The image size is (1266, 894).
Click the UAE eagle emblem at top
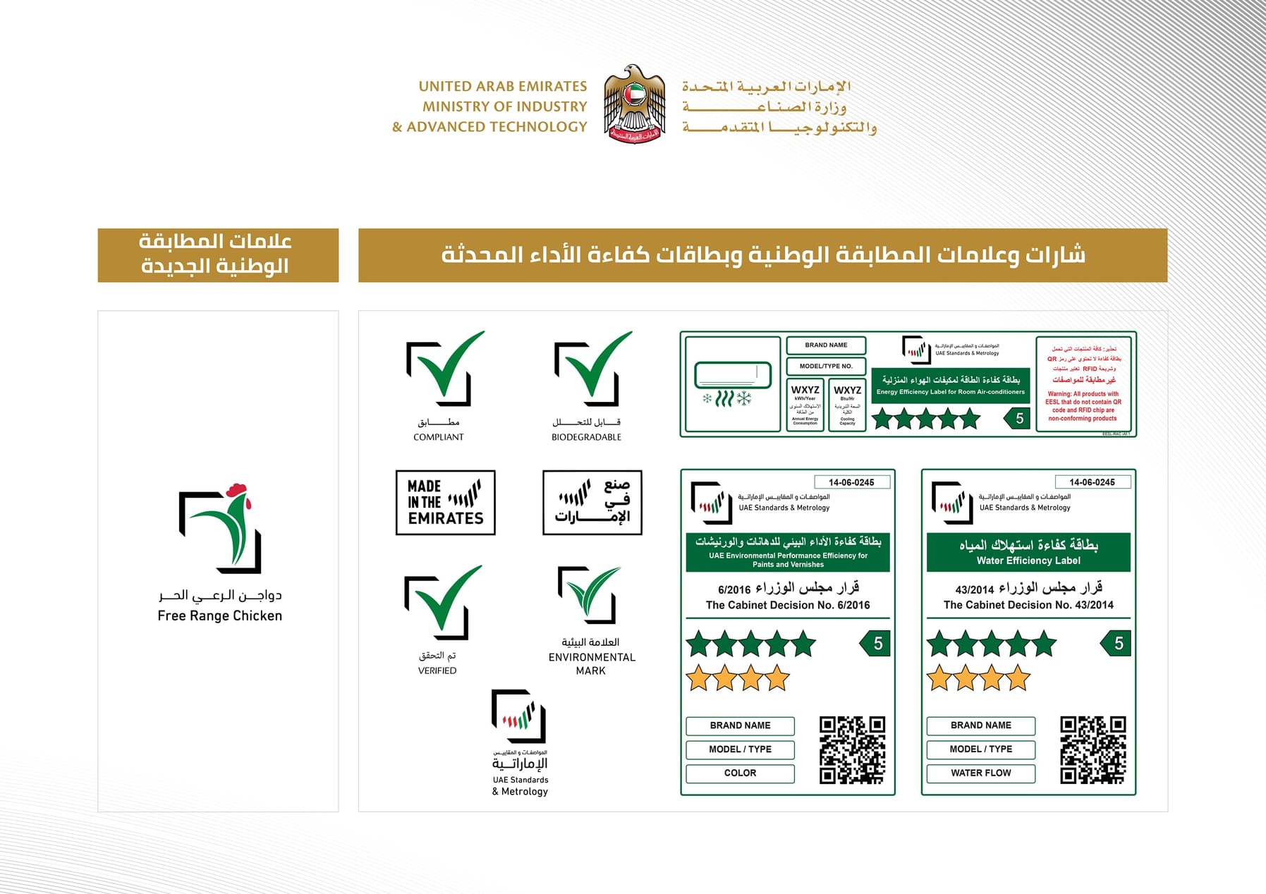pyautogui.click(x=634, y=104)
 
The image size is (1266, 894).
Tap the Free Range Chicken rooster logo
pyautogui.click(x=220, y=529)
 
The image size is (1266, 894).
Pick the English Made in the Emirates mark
pyautogui.click(x=445, y=503)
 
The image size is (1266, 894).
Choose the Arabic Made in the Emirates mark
pyautogui.click(x=592, y=503)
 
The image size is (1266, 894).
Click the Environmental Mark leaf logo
pyautogui.click(x=590, y=595)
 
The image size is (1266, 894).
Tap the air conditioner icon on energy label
pyautogui.click(x=732, y=384)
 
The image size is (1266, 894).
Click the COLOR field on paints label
pyautogui.click(x=740, y=773)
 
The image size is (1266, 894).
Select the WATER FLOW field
pyautogui.click(x=980, y=773)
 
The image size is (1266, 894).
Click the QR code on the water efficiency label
pyautogui.click(x=1092, y=749)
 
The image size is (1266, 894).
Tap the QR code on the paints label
pyautogui.click(x=852, y=749)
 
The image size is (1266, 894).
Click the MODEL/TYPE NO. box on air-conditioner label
pyautogui.click(x=826, y=367)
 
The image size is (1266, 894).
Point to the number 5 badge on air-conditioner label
pyautogui.click(x=1017, y=419)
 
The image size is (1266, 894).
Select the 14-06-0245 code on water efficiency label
pyautogui.click(x=1092, y=482)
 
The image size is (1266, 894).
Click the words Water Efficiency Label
pyautogui.click(x=1028, y=561)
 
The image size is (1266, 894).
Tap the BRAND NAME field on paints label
pyautogui.click(x=740, y=725)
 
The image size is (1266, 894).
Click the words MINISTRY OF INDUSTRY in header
pyautogui.click(x=504, y=106)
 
